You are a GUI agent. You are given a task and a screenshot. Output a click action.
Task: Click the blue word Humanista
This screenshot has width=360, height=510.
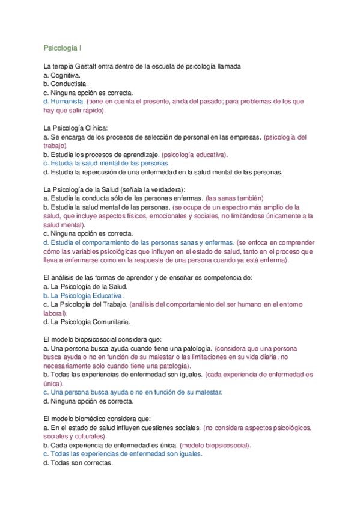point(67,102)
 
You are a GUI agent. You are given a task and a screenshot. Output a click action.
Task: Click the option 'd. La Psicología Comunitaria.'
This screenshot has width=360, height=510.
point(87,322)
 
